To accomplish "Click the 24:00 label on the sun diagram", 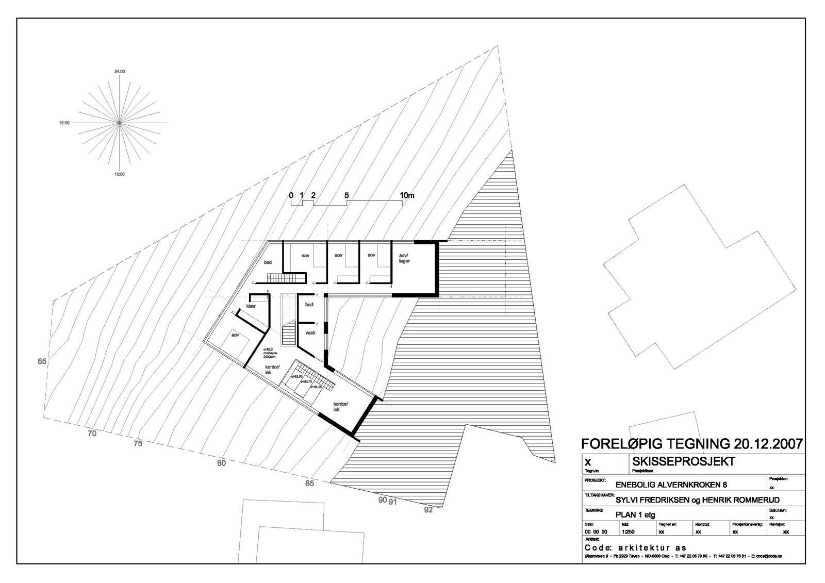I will tap(119, 71).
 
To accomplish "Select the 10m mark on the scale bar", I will tap(406, 195).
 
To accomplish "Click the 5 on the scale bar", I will tap(346, 195).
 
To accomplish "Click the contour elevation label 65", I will tap(42, 361).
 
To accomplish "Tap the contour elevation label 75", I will tap(138, 443).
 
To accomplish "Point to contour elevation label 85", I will tap(309, 483).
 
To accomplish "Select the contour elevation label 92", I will tap(428, 510).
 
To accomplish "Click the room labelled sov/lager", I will tap(404, 258).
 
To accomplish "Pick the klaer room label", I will tap(251, 306).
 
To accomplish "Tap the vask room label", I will tap(310, 332).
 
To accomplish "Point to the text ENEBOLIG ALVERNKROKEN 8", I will tap(671, 485).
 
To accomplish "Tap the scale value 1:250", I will tap(628, 531).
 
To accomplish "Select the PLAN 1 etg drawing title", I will tap(635, 514).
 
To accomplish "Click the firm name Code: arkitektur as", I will tap(635, 547).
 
